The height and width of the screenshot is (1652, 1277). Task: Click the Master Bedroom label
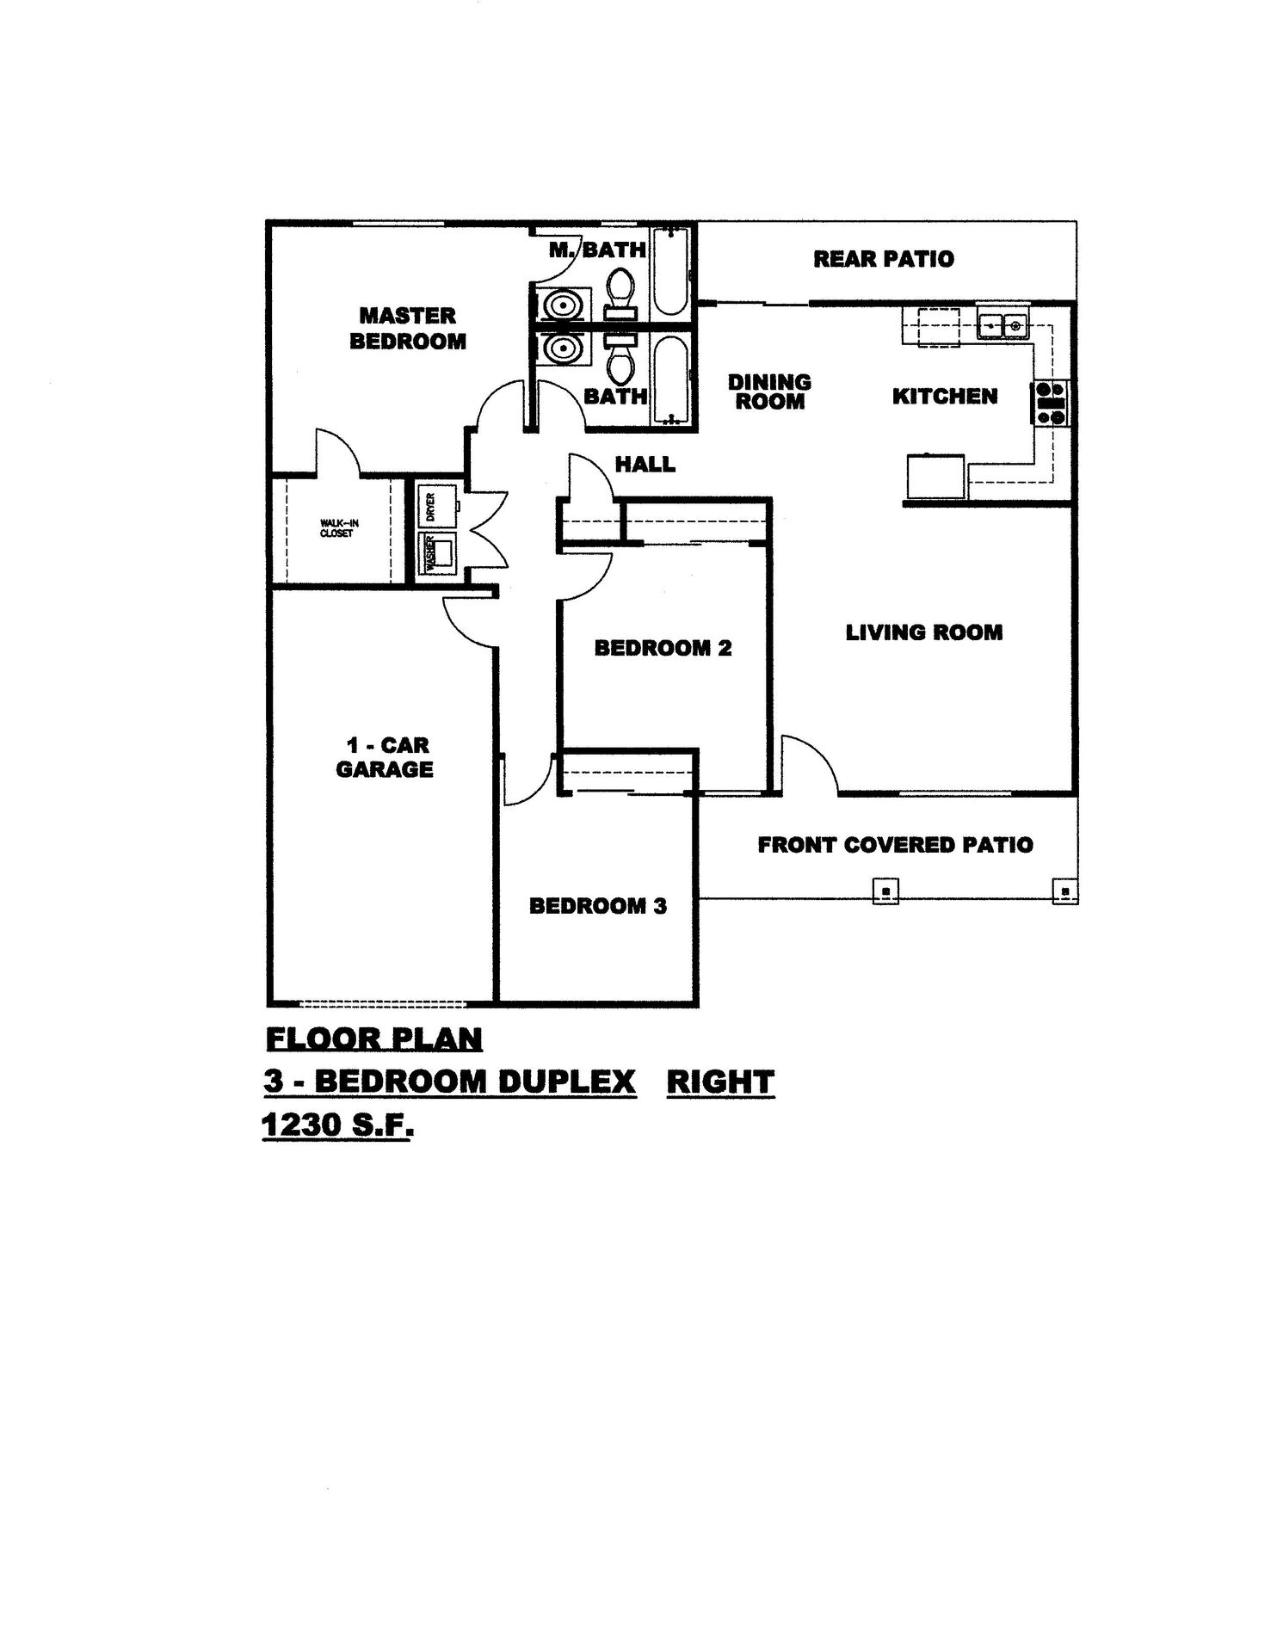tap(407, 329)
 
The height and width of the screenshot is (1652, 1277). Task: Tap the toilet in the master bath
tap(620, 291)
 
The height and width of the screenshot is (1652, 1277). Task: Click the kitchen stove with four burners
tap(1051, 403)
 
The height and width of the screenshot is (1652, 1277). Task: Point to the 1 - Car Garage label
tap(384, 757)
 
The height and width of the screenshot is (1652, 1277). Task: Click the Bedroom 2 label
tap(663, 648)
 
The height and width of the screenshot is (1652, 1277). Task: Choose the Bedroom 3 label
tap(597, 906)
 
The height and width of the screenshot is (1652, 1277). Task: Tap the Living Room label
tap(924, 632)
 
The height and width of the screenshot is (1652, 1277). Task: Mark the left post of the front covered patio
tap(885, 891)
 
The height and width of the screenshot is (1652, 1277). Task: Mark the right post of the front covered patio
tap(1065, 891)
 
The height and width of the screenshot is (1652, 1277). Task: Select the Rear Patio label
tap(884, 259)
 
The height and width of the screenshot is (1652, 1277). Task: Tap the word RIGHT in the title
tap(720, 1082)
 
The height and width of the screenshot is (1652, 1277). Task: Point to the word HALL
tap(645, 465)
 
